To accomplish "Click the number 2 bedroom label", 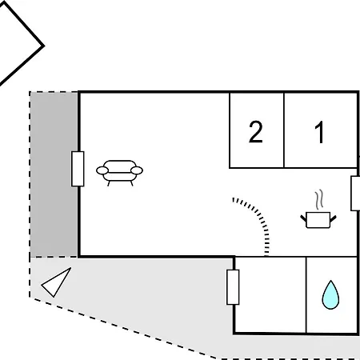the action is click(256, 132).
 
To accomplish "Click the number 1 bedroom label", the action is click(319, 132).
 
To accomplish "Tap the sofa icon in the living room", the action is click(119, 173).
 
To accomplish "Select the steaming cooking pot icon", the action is click(318, 210).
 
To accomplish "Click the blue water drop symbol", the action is click(330, 295).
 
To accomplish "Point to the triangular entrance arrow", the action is click(57, 282).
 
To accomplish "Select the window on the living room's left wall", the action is click(78, 169).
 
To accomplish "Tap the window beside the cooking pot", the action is click(355, 194).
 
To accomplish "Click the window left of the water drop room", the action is click(233, 287).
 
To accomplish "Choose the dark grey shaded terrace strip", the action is click(54, 174).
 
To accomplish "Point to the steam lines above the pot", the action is click(319, 199).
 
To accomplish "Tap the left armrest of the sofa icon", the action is click(102, 170).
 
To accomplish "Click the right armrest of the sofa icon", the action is click(137, 170).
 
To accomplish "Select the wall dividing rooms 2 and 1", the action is click(284, 130).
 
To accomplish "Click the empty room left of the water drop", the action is click(270, 294).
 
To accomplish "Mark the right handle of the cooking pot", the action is click(333, 218).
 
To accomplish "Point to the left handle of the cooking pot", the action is click(304, 218).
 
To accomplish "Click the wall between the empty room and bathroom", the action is click(306, 295).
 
